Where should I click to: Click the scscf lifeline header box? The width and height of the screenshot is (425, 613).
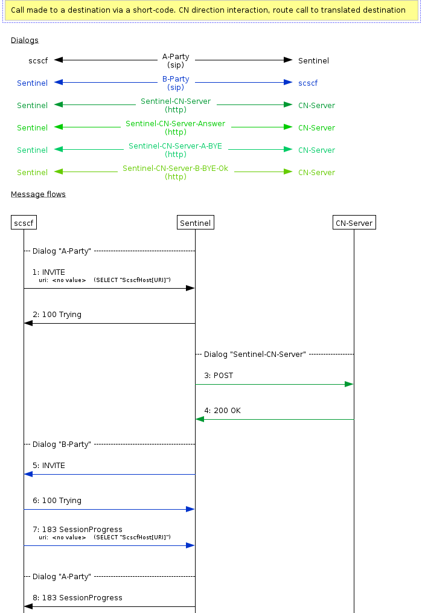24,223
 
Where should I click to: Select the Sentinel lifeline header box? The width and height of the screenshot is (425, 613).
195,223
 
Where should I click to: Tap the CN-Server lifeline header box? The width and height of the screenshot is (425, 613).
354,223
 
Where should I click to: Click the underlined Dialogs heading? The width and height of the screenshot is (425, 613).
24,40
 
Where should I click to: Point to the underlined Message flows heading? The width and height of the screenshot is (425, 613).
38,194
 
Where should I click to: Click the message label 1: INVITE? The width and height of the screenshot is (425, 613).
49,272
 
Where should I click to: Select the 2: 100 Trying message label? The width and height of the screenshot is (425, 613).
57,315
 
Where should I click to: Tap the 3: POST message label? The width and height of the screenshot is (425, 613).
219,376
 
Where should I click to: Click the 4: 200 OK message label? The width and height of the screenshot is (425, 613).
222,411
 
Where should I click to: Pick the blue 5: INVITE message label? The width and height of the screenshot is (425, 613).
49,466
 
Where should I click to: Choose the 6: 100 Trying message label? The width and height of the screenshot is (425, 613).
57,501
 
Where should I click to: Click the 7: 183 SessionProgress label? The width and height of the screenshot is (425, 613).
77,530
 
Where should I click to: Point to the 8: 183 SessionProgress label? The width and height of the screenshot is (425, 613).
77,598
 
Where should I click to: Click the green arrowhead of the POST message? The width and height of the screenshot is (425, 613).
349,384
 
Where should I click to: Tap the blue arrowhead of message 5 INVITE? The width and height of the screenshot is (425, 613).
28,474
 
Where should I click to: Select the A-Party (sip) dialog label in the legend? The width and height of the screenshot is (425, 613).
176,60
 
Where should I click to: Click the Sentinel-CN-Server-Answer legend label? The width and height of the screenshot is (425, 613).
176,127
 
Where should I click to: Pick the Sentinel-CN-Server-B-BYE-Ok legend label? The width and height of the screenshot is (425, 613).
176,172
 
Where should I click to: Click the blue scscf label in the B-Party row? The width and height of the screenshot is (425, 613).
308,83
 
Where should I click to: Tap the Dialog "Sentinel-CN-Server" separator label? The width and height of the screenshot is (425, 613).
255,354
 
